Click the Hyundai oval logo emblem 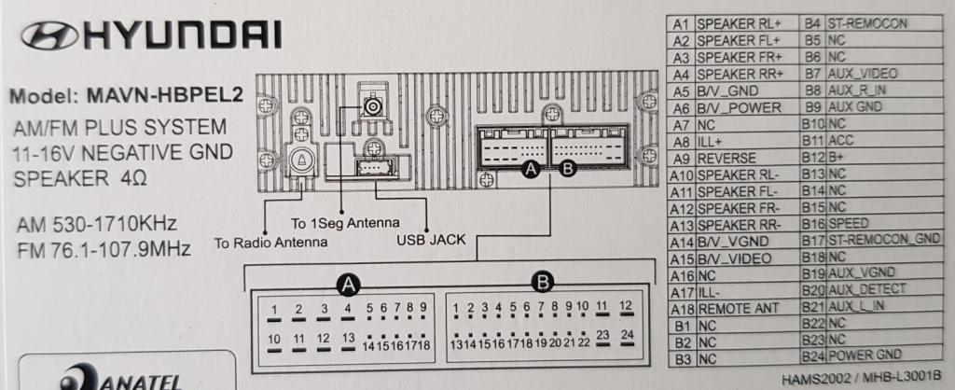pyautogui.click(x=48, y=35)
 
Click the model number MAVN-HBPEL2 pyautogui.click(x=164, y=95)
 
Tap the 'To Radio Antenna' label pyautogui.click(x=271, y=243)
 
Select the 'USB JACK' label pyautogui.click(x=431, y=240)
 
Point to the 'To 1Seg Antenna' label pyautogui.click(x=345, y=222)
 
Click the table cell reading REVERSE pyautogui.click(x=727, y=158)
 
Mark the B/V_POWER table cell pyautogui.click(x=739, y=108)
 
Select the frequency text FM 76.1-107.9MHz pyautogui.click(x=104, y=249)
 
